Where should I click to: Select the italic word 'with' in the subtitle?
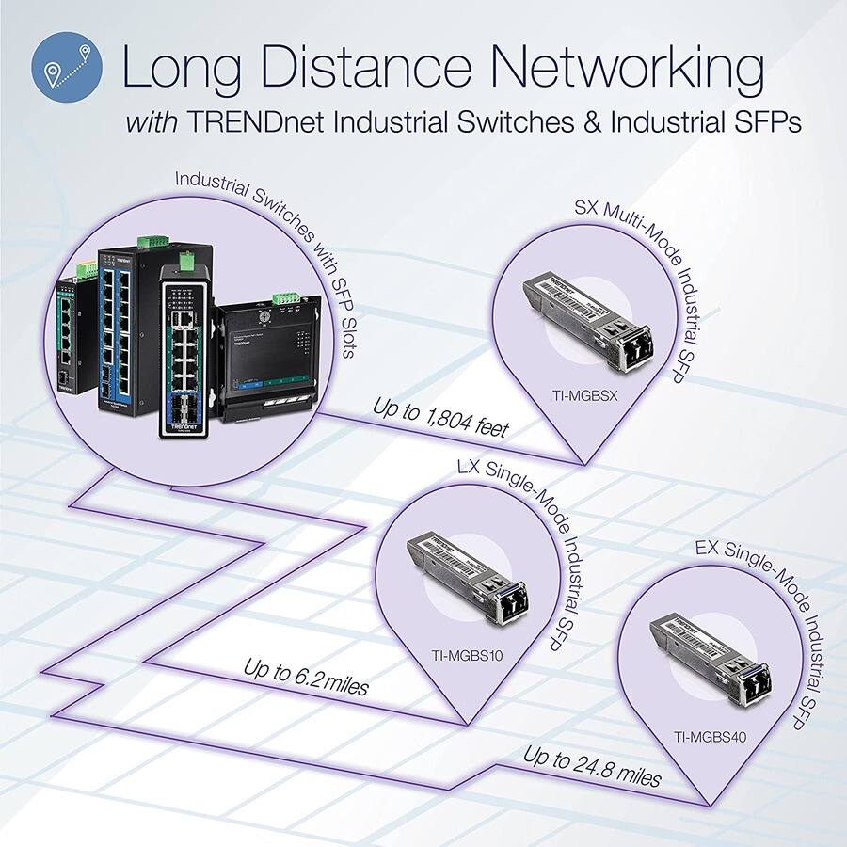[x=150, y=122]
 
